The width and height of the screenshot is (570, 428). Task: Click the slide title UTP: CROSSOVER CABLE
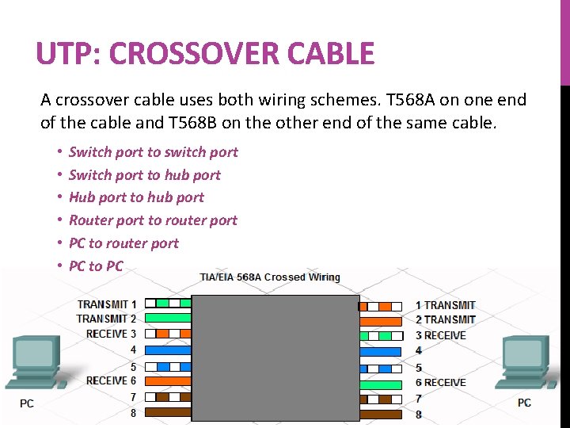click(x=205, y=54)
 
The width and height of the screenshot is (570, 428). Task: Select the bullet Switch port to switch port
click(x=153, y=152)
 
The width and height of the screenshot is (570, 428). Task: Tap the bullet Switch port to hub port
click(x=144, y=175)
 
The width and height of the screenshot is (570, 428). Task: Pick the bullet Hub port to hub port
click(x=136, y=197)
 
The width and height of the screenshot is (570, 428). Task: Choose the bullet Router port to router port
click(x=153, y=220)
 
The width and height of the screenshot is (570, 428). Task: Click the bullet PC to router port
click(x=123, y=243)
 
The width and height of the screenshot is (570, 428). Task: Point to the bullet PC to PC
click(x=96, y=266)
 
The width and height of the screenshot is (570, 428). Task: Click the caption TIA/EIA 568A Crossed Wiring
click(x=269, y=277)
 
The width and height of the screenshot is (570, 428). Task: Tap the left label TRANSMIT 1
click(x=107, y=304)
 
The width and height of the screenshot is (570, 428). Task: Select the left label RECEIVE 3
click(x=111, y=334)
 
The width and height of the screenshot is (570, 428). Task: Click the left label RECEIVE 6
click(x=111, y=380)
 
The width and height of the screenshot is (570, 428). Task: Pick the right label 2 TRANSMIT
click(x=446, y=320)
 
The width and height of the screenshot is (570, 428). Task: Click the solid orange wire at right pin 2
click(x=381, y=321)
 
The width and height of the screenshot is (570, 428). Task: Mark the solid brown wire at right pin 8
click(x=381, y=413)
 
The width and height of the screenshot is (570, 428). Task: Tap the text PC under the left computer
click(x=27, y=403)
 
